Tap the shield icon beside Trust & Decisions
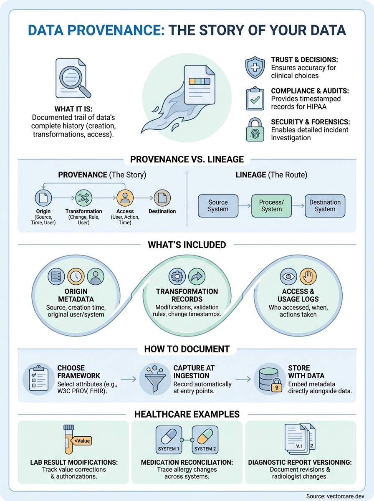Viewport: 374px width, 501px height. point(255,68)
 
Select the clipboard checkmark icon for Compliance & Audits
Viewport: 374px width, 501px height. point(255,99)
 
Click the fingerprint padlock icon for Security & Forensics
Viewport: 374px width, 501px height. point(255,130)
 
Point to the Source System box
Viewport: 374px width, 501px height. point(218,206)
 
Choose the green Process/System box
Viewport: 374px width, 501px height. point(271,206)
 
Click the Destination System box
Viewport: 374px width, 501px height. point(325,206)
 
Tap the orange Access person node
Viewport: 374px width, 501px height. point(125,197)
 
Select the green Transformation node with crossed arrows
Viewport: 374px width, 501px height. point(83,197)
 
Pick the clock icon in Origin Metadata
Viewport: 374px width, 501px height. point(76,276)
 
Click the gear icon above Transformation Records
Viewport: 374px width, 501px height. point(177,276)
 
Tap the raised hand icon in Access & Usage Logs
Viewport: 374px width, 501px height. point(308,276)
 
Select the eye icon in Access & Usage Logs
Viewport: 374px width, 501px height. point(288,276)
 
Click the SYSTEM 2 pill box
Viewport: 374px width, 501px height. point(205,440)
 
